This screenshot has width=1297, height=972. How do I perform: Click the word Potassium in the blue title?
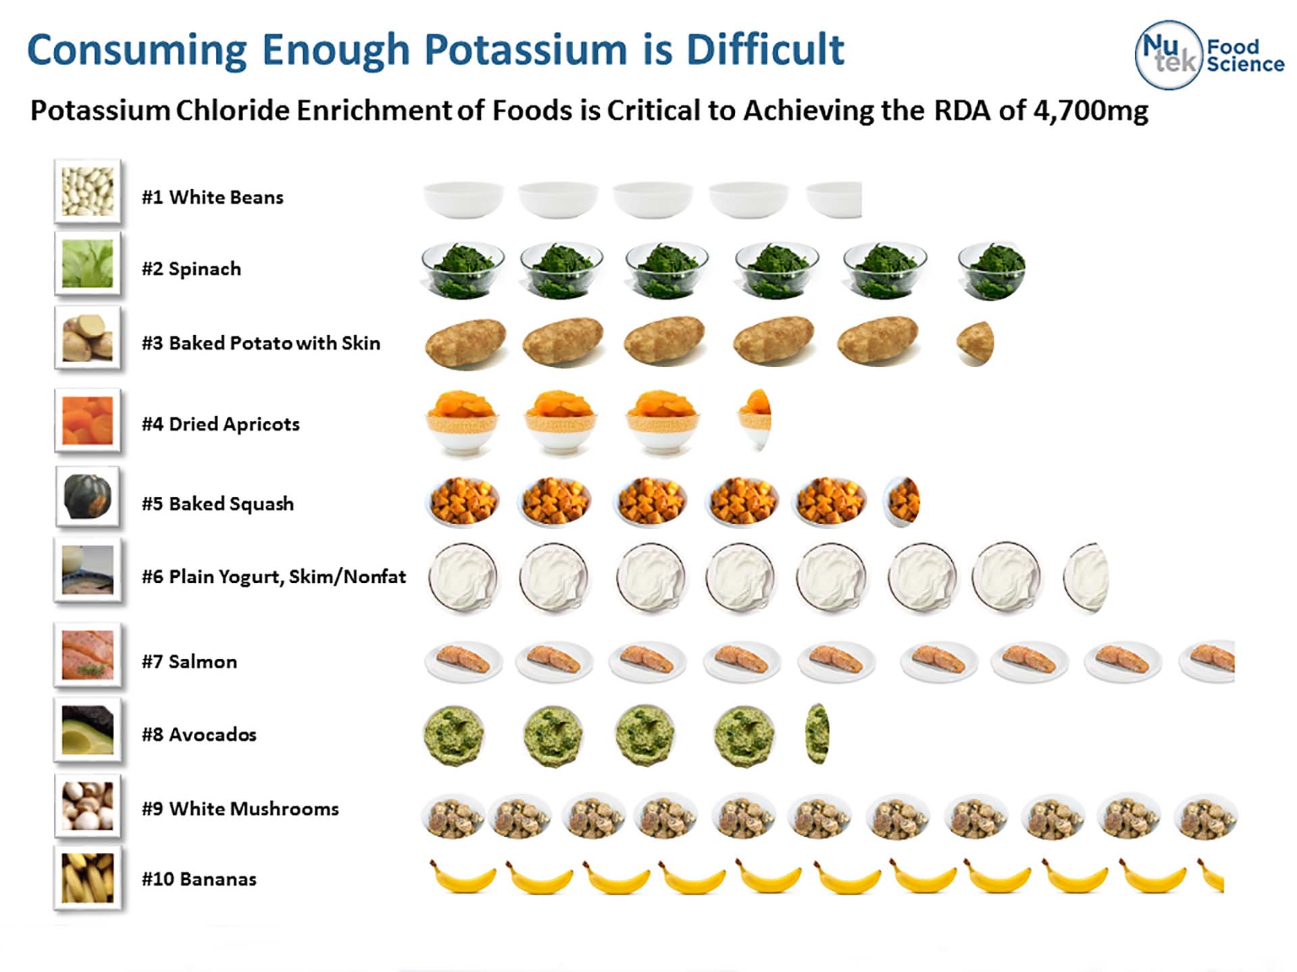(x=526, y=49)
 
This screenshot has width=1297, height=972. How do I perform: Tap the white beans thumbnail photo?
(x=88, y=192)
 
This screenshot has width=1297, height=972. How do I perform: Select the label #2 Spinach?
(x=191, y=269)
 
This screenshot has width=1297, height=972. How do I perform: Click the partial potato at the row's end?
(x=975, y=344)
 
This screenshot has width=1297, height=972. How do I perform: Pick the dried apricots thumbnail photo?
(x=88, y=421)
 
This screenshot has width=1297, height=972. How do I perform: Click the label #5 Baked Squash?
(x=218, y=504)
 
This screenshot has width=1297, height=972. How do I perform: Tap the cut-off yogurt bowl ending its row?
(x=1086, y=578)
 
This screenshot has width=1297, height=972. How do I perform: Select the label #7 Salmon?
(x=189, y=661)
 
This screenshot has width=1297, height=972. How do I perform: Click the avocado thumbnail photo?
(x=88, y=730)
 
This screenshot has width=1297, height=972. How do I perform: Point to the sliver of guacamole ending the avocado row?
(x=817, y=734)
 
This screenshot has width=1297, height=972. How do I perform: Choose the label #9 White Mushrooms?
(x=240, y=809)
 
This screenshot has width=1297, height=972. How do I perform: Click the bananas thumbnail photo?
(x=88, y=878)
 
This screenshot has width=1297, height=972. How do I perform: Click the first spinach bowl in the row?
(x=463, y=271)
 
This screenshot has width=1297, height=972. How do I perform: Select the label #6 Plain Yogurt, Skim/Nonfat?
(x=274, y=576)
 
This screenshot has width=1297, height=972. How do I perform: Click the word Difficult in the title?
(x=765, y=49)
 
